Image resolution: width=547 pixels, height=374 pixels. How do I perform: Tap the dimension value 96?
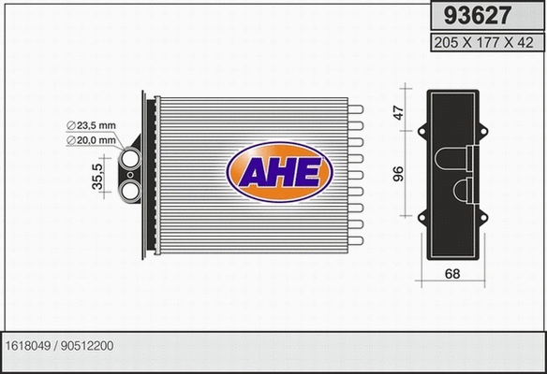tap(398, 174)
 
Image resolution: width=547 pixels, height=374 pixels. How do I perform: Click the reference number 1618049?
tap(29, 345)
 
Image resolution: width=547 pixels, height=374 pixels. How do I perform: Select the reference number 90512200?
tap(88, 345)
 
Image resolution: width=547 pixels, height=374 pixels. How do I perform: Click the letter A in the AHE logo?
tap(252, 173)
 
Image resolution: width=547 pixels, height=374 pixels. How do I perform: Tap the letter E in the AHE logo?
tap(309, 173)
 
